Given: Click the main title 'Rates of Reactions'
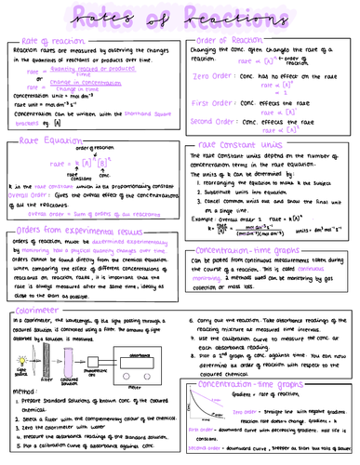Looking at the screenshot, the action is click(x=180, y=18).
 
